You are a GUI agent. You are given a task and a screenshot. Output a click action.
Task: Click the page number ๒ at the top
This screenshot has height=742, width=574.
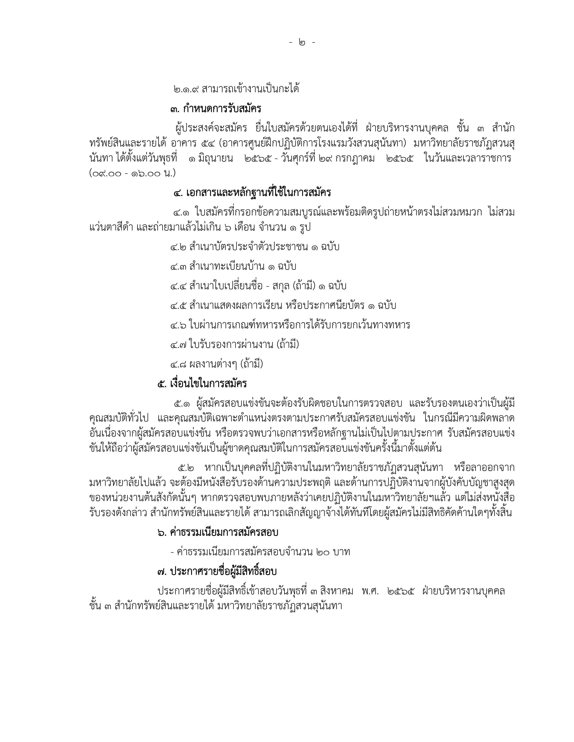pyautogui.click(x=302, y=42)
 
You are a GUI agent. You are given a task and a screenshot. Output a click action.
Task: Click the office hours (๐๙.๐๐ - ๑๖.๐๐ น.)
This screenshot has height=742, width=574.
pyautogui.click(x=133, y=173)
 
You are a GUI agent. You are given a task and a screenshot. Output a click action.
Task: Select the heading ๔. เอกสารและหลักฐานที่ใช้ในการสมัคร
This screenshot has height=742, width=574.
pyautogui.click(x=252, y=193)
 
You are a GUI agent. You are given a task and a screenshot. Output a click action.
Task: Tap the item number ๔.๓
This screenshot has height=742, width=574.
pyautogui.click(x=178, y=266)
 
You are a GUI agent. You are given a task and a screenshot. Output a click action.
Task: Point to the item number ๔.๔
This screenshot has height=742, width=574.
pyautogui.click(x=178, y=286)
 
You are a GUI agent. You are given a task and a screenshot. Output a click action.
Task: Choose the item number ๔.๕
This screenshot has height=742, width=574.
pyautogui.click(x=178, y=306)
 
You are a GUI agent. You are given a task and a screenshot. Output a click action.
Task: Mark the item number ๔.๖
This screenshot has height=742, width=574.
pyautogui.click(x=178, y=325)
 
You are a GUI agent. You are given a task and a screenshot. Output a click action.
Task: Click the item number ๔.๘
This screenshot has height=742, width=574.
pyautogui.click(x=178, y=364)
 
